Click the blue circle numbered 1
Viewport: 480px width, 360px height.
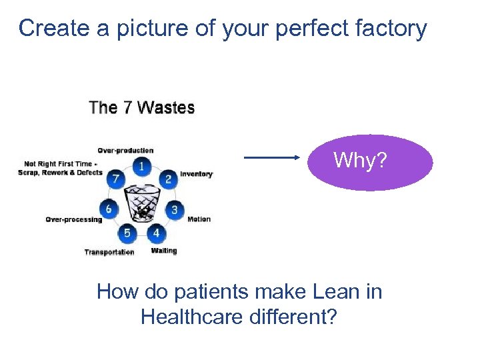(x=141, y=165)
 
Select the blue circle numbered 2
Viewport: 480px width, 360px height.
(x=168, y=178)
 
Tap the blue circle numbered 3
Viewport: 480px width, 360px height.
(x=175, y=209)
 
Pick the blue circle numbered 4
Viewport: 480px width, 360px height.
(x=156, y=233)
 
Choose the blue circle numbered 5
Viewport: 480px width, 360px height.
(x=127, y=233)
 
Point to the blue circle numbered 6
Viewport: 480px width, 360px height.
(x=109, y=209)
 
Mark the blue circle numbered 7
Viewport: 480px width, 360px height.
(x=116, y=179)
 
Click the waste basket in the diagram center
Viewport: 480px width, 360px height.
(x=142, y=202)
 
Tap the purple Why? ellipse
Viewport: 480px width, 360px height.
(x=370, y=162)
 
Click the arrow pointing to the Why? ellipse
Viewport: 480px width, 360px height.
(x=273, y=158)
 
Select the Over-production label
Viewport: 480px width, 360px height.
(x=125, y=150)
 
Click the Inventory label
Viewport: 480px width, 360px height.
(x=197, y=175)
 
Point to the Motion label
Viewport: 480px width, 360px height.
(x=199, y=219)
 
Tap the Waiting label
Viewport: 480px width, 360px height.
(x=164, y=251)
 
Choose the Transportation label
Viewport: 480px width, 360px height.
(x=109, y=252)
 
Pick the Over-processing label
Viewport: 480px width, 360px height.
(x=73, y=219)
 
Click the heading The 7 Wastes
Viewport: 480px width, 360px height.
(x=142, y=108)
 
